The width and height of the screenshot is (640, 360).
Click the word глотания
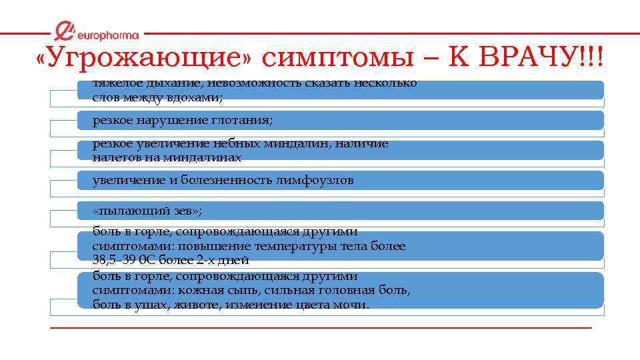coord(244,121)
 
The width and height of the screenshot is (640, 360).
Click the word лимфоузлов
coord(315,181)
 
